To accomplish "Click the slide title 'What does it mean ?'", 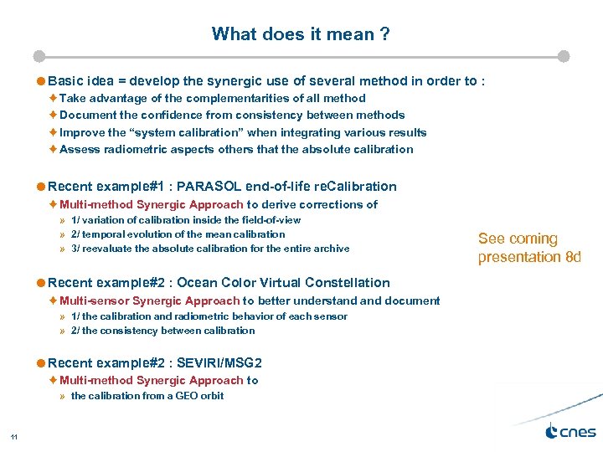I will pos(301,34).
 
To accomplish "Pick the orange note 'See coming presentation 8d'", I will pos(528,248).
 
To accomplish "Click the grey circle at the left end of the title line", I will pos(39,57).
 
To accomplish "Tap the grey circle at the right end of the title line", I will pos(564,57).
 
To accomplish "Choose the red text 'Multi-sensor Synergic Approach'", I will pos(150,300).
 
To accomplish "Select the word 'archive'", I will pos(330,249).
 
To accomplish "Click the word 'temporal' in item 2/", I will pos(104,234).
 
